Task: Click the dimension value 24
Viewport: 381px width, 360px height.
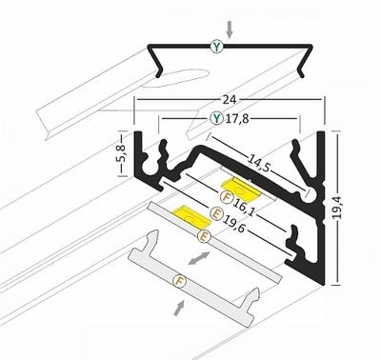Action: [x=230, y=99]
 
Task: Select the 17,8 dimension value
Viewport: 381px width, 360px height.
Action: [x=237, y=119]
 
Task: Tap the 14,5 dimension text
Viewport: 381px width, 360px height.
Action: [x=258, y=162]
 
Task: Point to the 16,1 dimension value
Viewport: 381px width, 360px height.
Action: [x=244, y=206]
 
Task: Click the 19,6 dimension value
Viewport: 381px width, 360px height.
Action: [x=233, y=223]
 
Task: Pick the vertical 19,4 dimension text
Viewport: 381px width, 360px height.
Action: [x=337, y=208]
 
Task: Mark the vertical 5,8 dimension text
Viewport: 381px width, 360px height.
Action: [x=122, y=153]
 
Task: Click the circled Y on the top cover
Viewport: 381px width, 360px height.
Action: [x=217, y=47]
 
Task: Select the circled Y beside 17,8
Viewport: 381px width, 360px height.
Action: [x=217, y=119]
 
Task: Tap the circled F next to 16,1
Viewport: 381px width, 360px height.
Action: [x=227, y=197]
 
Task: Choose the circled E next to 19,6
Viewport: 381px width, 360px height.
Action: [x=215, y=212]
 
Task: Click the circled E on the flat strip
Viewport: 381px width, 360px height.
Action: [x=204, y=236]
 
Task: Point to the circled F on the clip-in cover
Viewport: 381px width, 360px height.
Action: [x=179, y=280]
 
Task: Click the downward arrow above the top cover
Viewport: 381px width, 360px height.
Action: [x=230, y=30]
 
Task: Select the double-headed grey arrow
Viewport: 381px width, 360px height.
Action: [x=199, y=258]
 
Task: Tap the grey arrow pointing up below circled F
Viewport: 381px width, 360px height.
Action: [x=179, y=308]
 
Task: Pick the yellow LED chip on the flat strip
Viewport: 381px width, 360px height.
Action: [x=192, y=217]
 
